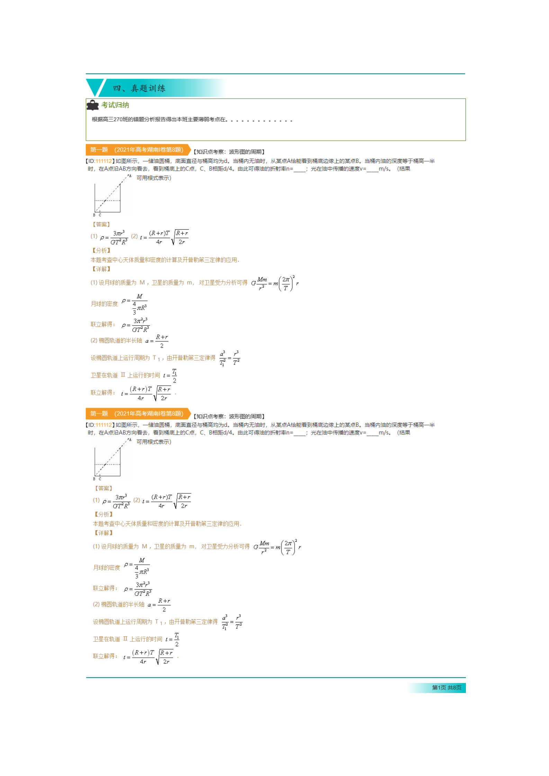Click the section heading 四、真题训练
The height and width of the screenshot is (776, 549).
pos(139,88)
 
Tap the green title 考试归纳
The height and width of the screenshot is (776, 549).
pos(115,105)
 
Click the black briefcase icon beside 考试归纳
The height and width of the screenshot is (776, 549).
pos(92,105)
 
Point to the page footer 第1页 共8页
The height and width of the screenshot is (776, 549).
pos(446,687)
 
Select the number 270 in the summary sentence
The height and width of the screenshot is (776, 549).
pos(118,119)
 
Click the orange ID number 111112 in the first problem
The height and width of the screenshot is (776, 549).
pos(103,161)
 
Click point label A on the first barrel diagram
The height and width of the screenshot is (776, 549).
pos(130,176)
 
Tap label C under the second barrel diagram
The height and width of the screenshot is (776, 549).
pos(100,479)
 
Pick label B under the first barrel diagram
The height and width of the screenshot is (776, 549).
pos(94,215)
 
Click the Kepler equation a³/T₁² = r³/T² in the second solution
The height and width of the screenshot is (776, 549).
pos(232,621)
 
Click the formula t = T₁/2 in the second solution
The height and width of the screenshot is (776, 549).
pos(172,639)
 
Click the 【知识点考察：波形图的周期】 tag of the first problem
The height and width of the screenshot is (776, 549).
pos(229,151)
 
